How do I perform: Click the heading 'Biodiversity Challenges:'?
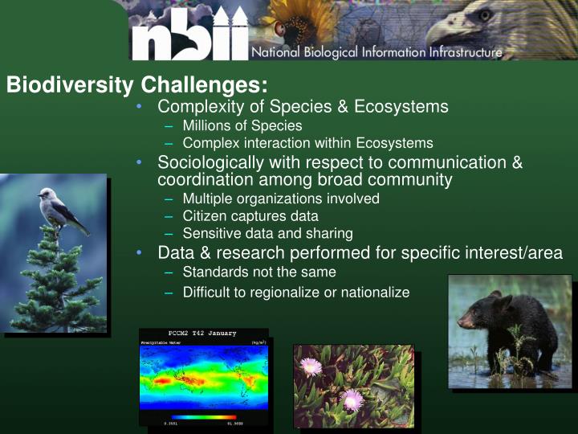[136, 85]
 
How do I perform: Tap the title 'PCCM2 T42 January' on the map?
[201, 334]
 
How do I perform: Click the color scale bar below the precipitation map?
[203, 417]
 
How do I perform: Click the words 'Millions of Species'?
[242, 125]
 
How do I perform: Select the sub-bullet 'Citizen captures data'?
[250, 215]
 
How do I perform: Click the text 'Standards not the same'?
[258, 272]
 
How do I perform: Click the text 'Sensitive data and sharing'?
[267, 233]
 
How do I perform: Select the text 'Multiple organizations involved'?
[280, 198]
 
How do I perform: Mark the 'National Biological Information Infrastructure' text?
[377, 53]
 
